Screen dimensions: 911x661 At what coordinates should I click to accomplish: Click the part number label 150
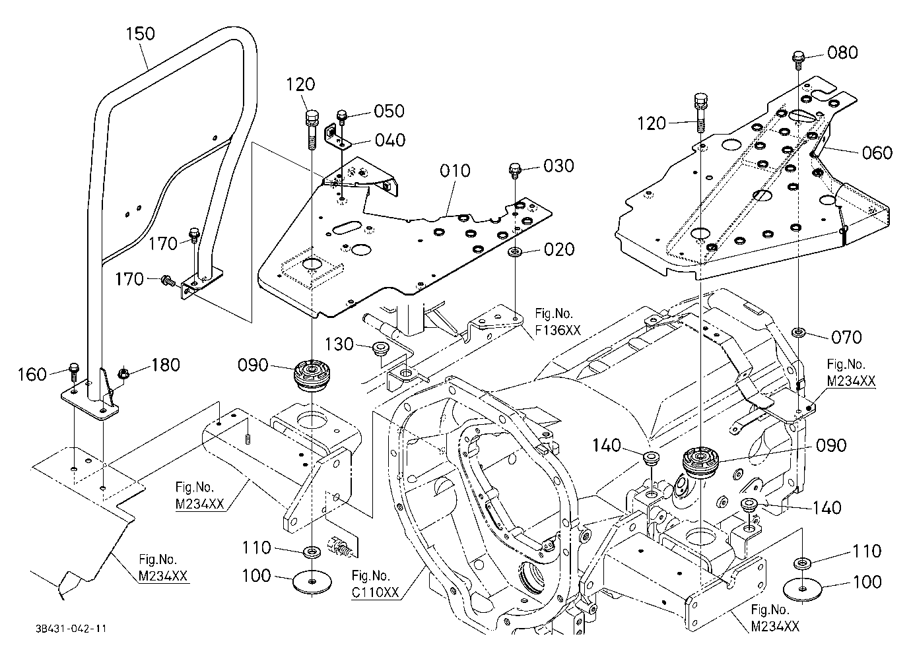pyautogui.click(x=140, y=34)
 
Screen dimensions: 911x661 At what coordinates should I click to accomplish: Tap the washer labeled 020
pyautogui.click(x=516, y=251)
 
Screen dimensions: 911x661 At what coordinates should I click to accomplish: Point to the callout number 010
pyautogui.click(x=455, y=171)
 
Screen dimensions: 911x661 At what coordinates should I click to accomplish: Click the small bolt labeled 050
pyautogui.click(x=342, y=117)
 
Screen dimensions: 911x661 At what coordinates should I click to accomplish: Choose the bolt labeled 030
pyautogui.click(x=515, y=171)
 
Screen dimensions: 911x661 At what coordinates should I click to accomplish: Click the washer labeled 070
pyautogui.click(x=799, y=333)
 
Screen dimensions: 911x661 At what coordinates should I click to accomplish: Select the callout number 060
pyautogui.click(x=877, y=153)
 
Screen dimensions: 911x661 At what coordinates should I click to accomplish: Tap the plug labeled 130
pyautogui.click(x=381, y=348)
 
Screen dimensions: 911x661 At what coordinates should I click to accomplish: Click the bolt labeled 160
pyautogui.click(x=74, y=371)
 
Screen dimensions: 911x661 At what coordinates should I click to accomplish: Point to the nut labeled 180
pyautogui.click(x=123, y=373)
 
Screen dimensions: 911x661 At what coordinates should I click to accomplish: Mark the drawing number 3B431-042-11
pyautogui.click(x=71, y=629)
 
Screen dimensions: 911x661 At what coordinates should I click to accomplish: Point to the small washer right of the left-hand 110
pyautogui.click(x=312, y=552)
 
